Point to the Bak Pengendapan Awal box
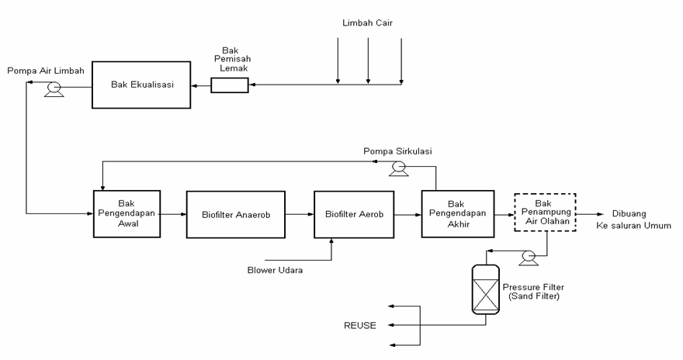click(x=127, y=212)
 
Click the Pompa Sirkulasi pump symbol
click(x=398, y=166)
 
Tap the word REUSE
click(x=360, y=324)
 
